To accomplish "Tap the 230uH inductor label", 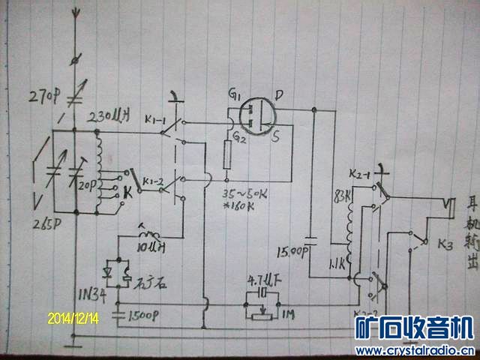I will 109,117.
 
